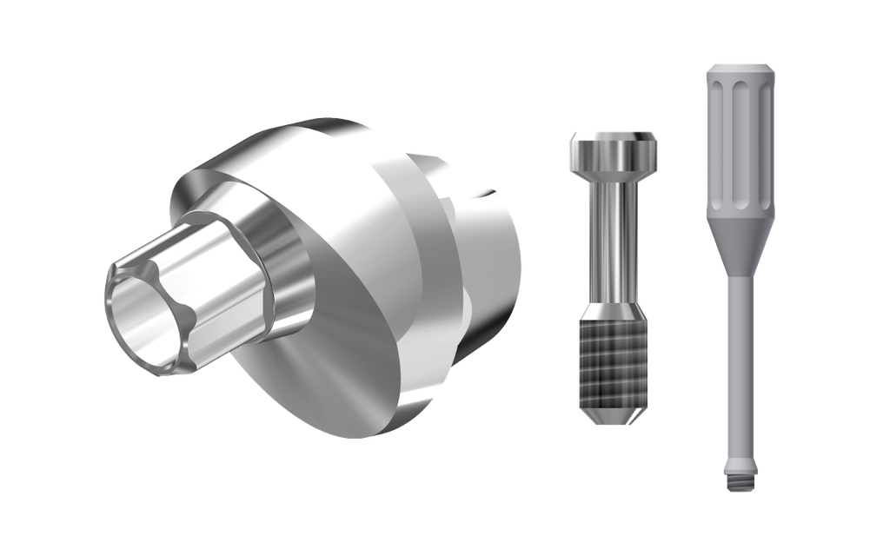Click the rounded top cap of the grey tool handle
[x=738, y=69]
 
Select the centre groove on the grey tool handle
[x=738, y=139]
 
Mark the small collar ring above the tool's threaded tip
[x=738, y=460]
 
